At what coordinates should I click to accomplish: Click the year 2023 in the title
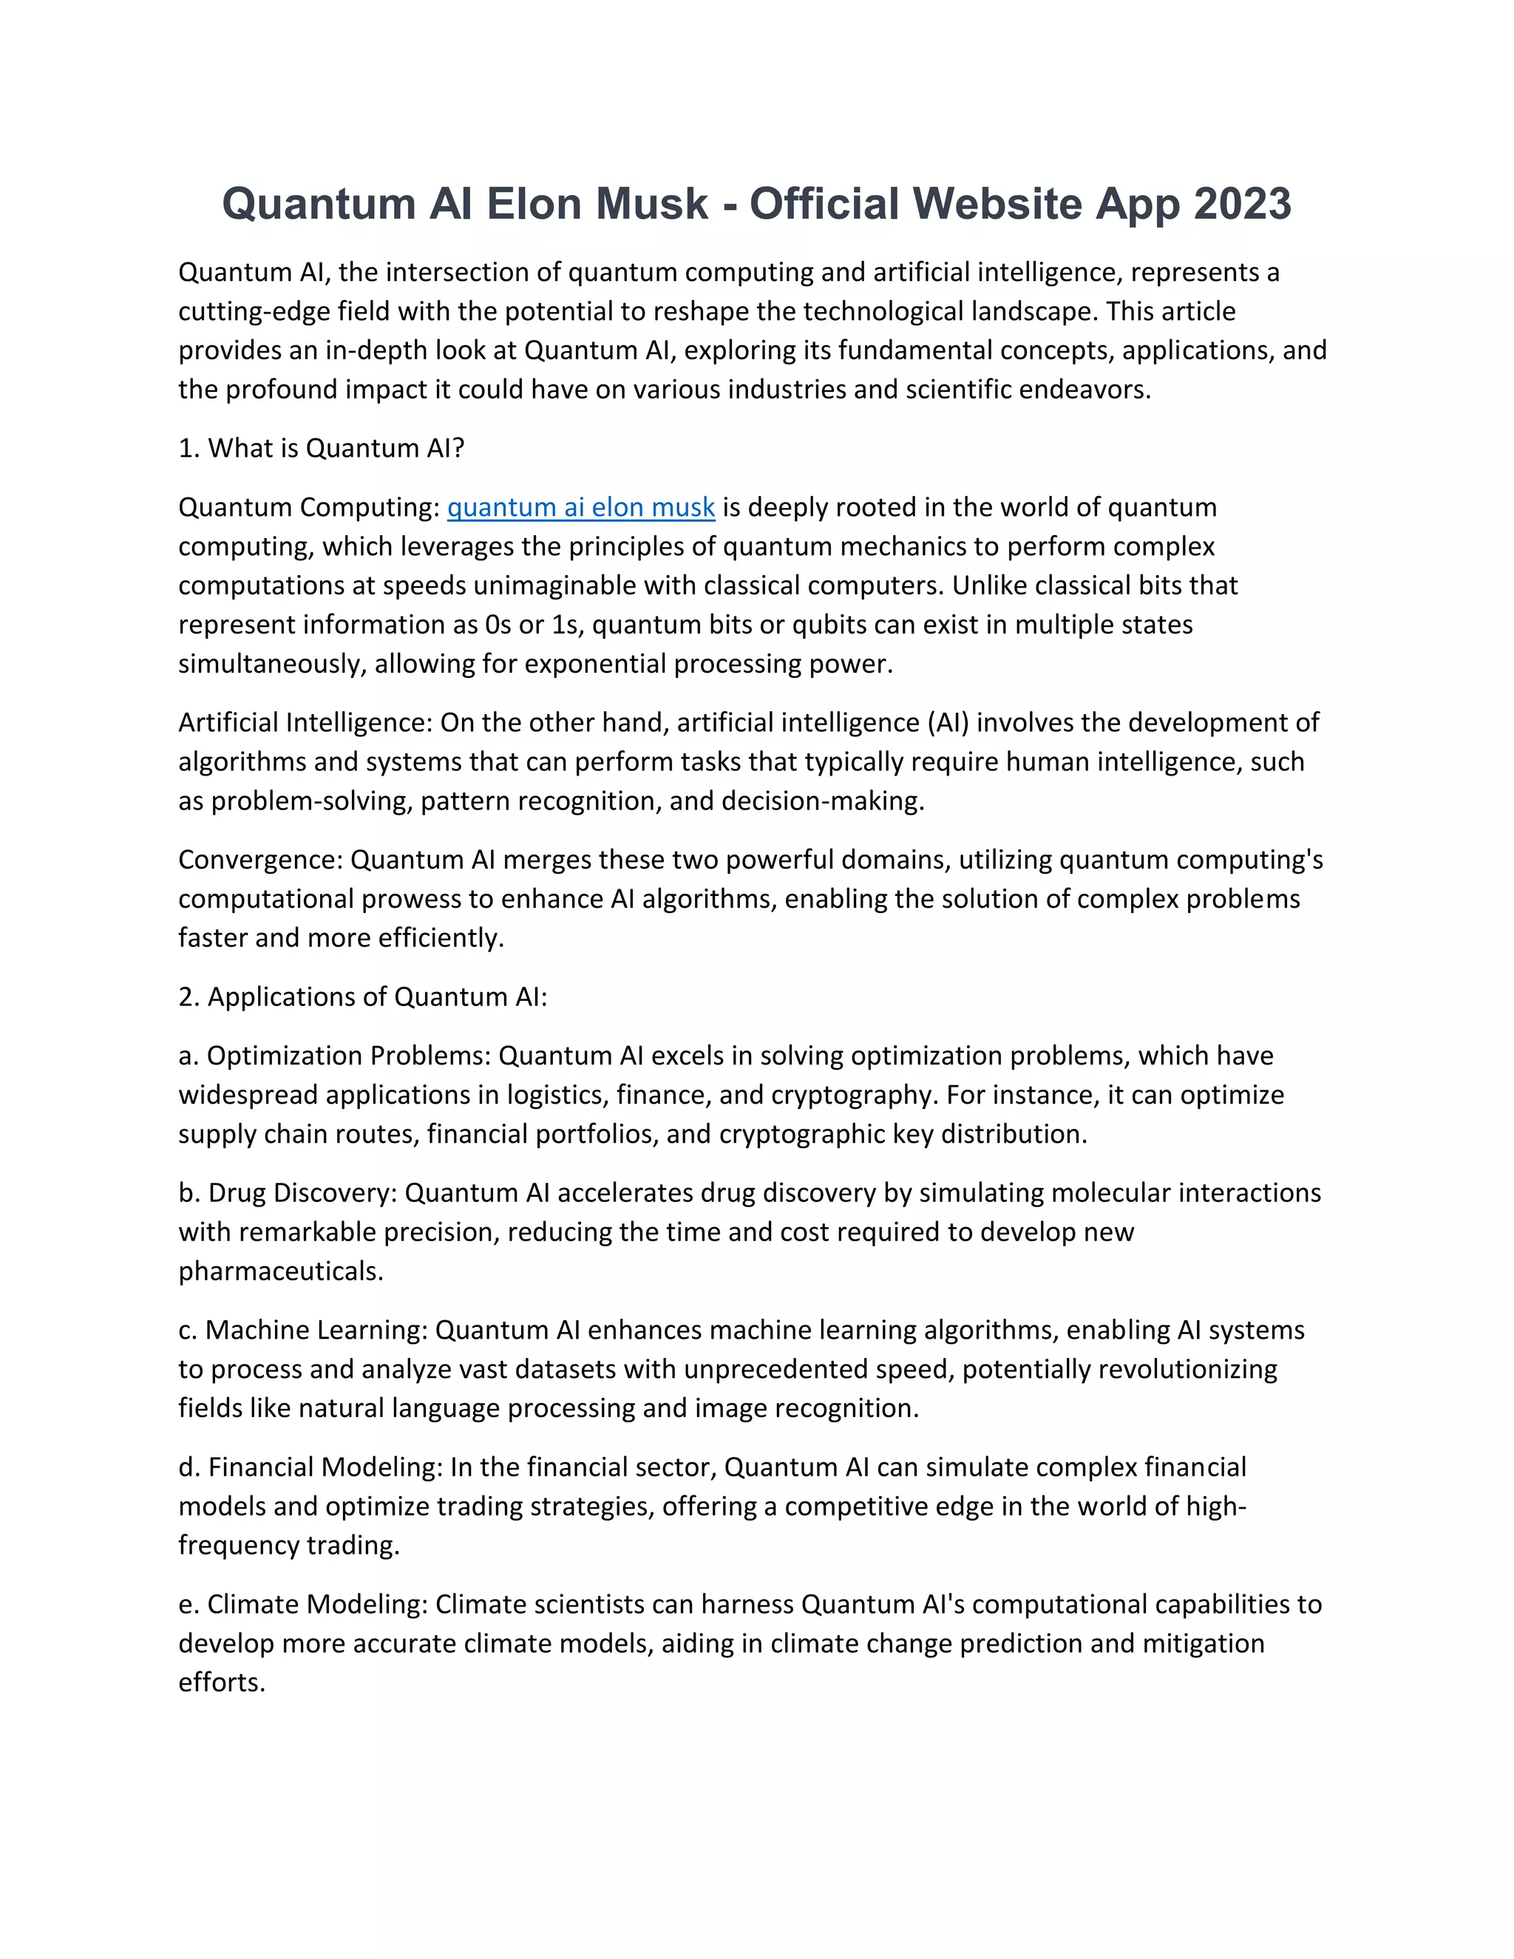(1242, 205)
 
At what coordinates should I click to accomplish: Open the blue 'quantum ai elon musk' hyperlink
(580, 508)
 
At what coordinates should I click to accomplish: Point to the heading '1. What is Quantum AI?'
(321, 449)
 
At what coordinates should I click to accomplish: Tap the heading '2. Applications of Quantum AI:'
(362, 997)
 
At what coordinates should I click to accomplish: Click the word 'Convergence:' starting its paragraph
(261, 860)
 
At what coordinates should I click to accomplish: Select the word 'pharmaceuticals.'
(281, 1272)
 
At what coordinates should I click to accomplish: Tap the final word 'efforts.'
(222, 1683)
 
